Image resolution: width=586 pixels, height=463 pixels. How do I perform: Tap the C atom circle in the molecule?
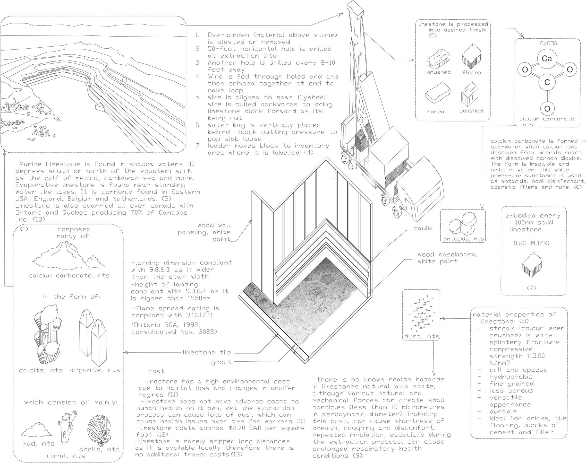pos(547,82)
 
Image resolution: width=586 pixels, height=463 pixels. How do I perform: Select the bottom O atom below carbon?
pos(547,109)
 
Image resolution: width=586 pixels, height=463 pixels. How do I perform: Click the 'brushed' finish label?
pos(438,72)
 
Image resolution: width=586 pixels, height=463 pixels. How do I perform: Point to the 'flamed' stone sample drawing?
pos(472,56)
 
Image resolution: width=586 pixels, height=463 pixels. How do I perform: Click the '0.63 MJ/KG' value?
pos(533,243)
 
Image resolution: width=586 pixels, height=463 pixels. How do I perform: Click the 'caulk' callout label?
pos(422,229)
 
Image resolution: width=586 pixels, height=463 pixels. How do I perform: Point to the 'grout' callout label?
pos(221,362)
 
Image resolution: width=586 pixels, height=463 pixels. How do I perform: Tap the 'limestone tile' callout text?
pos(207,352)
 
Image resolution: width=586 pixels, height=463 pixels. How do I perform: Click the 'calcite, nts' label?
pos(41,371)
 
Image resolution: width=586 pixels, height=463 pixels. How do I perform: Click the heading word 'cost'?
pos(156,371)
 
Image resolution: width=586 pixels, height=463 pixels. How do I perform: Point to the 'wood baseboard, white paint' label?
pos(448,258)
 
